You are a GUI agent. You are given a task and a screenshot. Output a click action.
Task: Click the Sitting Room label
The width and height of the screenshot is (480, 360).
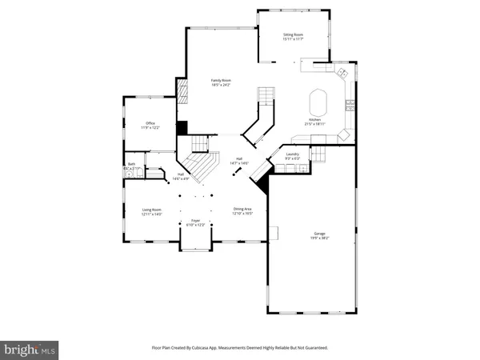pos(293,35)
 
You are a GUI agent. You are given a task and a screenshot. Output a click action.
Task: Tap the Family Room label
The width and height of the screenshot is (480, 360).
pos(222,81)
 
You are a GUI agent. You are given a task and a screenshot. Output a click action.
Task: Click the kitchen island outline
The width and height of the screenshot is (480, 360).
pos(318,103)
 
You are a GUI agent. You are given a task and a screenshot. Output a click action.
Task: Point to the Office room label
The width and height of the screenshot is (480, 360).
pos(150,123)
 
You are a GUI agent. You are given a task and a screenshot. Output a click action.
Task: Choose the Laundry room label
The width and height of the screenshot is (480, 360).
pos(293,154)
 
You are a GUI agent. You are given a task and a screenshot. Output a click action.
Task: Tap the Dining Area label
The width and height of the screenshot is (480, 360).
pos(242,210)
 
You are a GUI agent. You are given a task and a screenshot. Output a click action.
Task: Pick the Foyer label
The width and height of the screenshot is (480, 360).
pos(196,221)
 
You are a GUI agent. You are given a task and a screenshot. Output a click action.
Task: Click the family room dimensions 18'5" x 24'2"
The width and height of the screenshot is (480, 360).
pos(222,86)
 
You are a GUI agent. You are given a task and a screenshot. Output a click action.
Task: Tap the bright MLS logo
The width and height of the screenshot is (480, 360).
pos(30,350)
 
